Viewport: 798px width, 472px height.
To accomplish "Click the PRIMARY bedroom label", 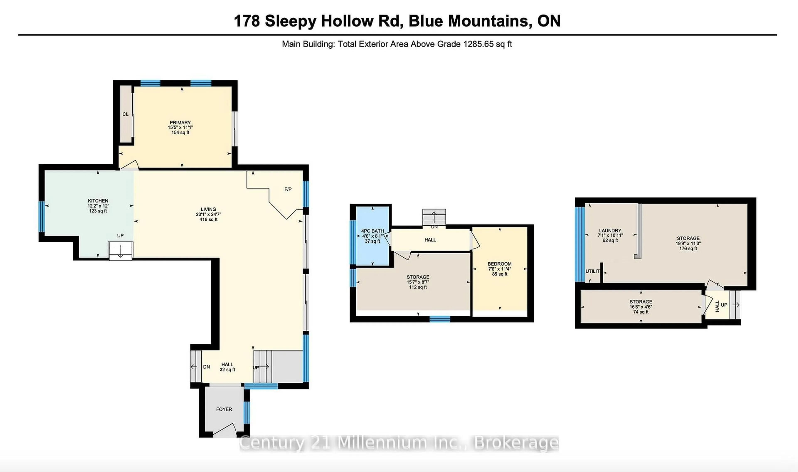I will [180, 122].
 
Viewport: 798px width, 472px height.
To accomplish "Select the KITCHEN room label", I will [98, 201].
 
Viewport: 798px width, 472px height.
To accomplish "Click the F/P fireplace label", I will [288, 189].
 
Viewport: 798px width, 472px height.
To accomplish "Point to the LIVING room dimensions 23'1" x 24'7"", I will [208, 214].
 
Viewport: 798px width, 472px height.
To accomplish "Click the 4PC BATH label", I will [372, 231].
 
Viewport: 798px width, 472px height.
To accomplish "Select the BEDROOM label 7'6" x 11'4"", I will [499, 264].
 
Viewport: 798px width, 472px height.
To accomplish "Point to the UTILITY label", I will [592, 271].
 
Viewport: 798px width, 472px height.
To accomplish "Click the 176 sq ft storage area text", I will [688, 248].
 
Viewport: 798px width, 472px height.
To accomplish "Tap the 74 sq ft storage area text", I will [640, 312].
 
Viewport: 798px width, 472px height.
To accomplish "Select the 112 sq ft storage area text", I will [418, 287].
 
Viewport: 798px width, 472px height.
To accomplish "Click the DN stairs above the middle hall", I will [434, 218].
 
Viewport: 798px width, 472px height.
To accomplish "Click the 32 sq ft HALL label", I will [227, 367].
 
